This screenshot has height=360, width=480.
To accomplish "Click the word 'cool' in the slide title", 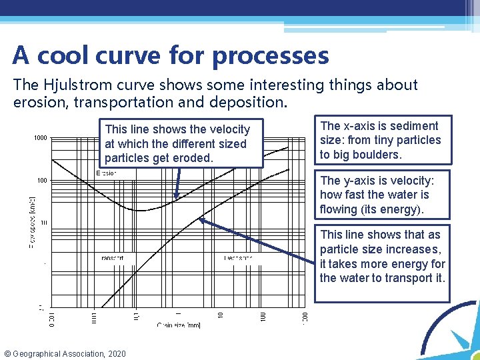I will (x=69, y=55).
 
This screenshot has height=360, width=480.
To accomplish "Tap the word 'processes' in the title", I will (x=270, y=56).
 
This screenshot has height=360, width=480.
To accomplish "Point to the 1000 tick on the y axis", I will (x=39, y=139).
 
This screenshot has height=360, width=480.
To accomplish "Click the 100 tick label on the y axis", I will (x=41, y=181).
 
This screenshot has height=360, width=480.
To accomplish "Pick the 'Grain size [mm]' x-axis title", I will (x=178, y=325).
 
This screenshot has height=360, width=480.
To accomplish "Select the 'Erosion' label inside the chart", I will (x=107, y=173).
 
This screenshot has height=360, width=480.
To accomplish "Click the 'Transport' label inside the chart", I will (x=111, y=258).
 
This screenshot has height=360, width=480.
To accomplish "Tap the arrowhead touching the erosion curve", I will (x=176, y=197).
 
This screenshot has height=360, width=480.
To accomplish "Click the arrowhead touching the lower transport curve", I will (x=200, y=221).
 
